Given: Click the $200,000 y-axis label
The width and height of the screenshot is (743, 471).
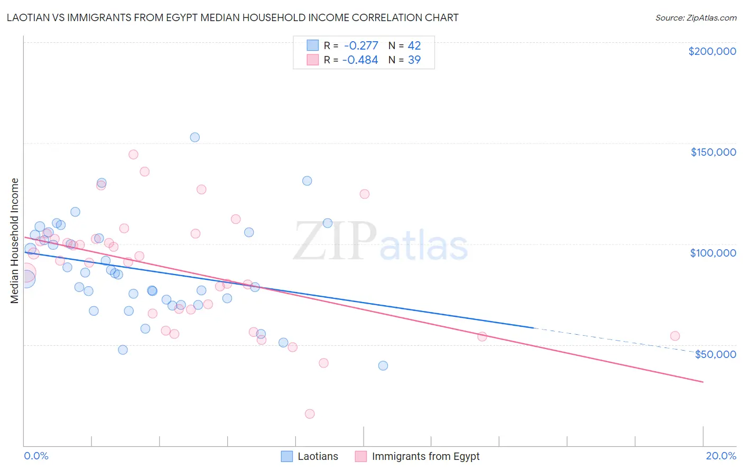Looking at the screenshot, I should [x=712, y=51].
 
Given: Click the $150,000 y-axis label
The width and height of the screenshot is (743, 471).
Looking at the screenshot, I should [x=713, y=152].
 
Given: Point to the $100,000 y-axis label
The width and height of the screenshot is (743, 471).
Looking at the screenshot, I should [x=713, y=253].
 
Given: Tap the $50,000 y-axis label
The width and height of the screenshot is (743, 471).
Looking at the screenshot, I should [x=715, y=354].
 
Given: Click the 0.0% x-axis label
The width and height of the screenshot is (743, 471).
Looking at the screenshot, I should [x=36, y=456].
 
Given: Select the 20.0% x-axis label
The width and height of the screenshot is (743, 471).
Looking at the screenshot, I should [x=721, y=456].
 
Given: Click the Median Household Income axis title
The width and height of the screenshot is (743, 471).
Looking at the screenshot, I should [x=15, y=241].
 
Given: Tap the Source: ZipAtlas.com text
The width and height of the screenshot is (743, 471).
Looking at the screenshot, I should [x=695, y=17].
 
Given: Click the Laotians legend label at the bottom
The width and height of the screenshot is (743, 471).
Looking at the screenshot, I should [x=318, y=456].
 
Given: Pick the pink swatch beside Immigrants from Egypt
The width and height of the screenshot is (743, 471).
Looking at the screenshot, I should [x=361, y=456].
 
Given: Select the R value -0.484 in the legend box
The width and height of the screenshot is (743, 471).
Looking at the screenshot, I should [x=360, y=60].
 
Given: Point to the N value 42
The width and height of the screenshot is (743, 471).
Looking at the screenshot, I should [x=414, y=46].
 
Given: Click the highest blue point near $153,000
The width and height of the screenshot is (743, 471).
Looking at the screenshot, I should [x=194, y=137].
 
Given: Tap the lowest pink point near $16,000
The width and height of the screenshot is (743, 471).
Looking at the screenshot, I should [x=310, y=414].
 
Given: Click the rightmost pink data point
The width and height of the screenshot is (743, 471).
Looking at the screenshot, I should [x=675, y=336].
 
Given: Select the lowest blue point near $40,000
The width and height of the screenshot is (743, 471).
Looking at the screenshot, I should [x=383, y=365].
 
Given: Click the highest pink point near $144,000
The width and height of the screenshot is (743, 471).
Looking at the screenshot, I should [x=133, y=155].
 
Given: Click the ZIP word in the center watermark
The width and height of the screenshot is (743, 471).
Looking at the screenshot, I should [x=335, y=241].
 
